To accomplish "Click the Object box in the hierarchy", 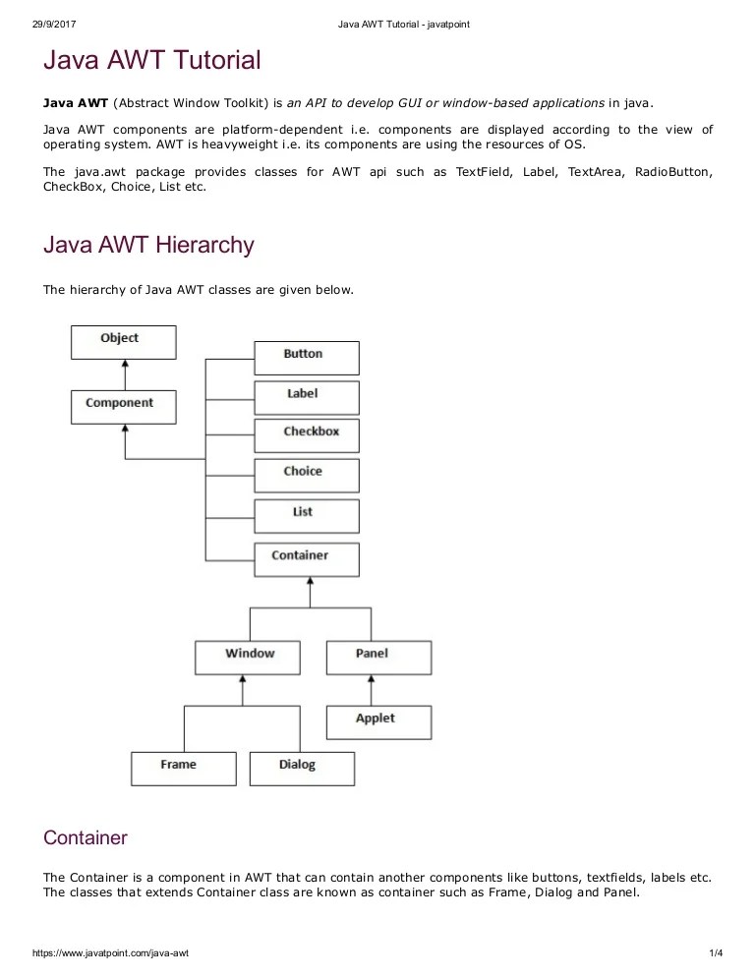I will tap(124, 342).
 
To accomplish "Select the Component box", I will tap(124, 406).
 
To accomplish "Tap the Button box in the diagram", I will tap(307, 357).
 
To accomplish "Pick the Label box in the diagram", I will tap(307, 397).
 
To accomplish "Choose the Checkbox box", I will tap(307, 434).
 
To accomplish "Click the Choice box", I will tap(307, 475).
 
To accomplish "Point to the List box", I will tap(307, 515).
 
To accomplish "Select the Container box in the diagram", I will tap(307, 559).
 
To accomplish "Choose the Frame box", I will tap(184, 768).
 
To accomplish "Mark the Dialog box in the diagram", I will tap(302, 768).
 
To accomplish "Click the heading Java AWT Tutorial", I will tap(152, 61).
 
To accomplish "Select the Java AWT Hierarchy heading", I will tap(148, 245).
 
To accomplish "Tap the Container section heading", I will tap(86, 838).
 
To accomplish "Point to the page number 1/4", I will tap(715, 954).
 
